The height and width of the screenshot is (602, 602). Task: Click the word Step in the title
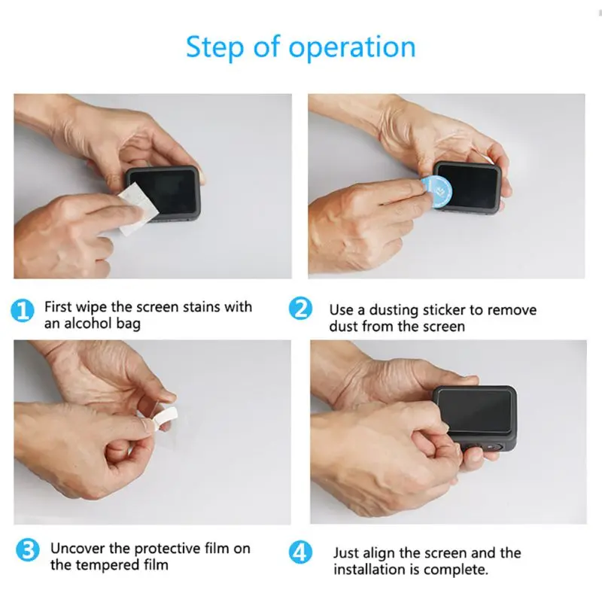215,47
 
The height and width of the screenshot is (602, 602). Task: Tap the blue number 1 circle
23,311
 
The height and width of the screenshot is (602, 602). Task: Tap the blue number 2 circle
300,309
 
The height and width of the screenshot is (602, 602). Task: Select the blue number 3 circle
27,549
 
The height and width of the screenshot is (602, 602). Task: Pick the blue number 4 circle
300,552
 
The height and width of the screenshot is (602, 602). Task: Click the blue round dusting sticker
436,192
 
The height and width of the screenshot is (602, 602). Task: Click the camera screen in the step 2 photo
468,187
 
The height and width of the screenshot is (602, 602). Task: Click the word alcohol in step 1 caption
88,324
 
